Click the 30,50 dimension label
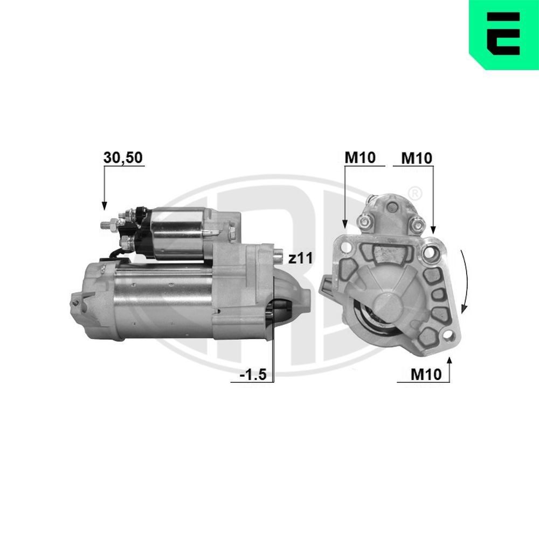[122, 157]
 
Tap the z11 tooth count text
[300, 259]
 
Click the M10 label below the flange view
[425, 374]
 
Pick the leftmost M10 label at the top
[360, 157]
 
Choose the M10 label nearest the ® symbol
[417, 157]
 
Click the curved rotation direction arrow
[465, 283]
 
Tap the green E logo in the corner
[503, 34]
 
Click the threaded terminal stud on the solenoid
[108, 224]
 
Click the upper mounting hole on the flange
[431, 252]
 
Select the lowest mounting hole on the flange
[446, 337]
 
